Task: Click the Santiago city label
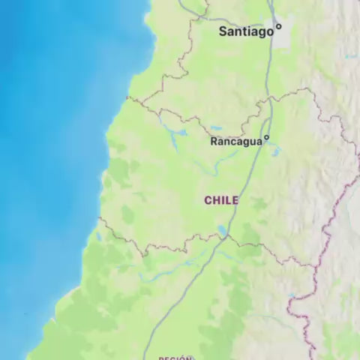point(245,31)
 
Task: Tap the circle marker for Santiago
point(278,26)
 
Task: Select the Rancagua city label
point(235,141)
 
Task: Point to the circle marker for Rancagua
point(265,138)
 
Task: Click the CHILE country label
point(221,200)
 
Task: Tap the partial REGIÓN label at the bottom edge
point(175,358)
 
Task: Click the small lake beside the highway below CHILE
point(221,229)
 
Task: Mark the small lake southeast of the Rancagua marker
point(276,152)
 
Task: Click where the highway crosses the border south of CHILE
point(225,237)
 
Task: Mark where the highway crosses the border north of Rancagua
point(268,100)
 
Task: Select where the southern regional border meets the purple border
point(313,265)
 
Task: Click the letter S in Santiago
point(223,31)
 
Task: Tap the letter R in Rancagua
point(214,141)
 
